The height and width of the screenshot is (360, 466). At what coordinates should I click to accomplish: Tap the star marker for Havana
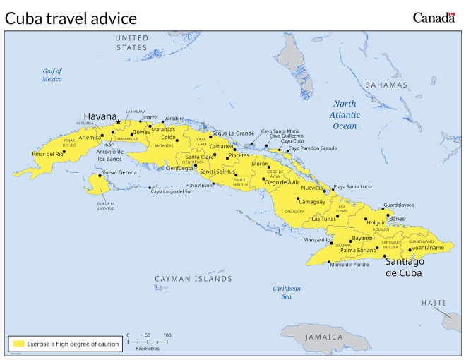(119, 122)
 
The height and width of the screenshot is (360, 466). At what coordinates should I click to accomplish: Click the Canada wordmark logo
(433, 18)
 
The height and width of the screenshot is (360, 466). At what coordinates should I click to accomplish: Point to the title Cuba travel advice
(71, 18)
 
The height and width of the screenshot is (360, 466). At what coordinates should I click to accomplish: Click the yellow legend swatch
(18, 344)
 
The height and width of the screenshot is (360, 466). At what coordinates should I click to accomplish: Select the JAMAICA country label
(324, 337)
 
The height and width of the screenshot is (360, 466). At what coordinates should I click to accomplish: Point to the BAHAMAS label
(388, 85)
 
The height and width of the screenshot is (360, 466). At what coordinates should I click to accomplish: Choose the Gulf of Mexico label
(52, 75)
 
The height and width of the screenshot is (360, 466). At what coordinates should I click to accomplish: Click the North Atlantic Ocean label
(345, 115)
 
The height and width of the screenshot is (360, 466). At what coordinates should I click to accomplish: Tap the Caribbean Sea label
(287, 292)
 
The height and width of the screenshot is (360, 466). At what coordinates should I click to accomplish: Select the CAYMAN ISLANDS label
(193, 279)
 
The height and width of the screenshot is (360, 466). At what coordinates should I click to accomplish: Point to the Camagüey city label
(311, 202)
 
